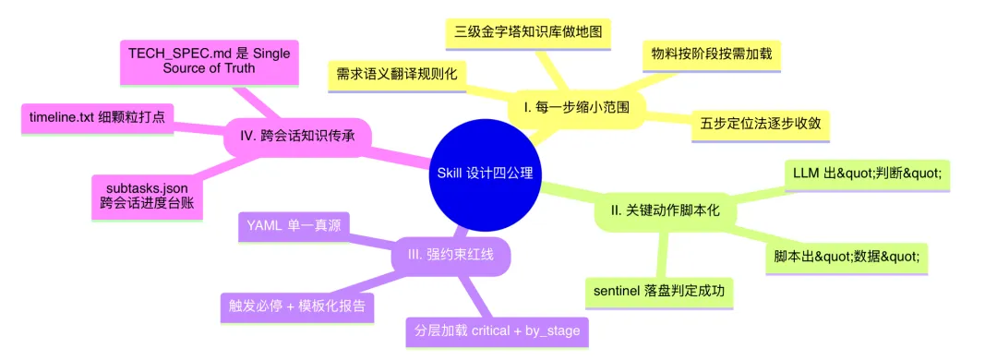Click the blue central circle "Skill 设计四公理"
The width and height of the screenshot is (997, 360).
[x=486, y=173]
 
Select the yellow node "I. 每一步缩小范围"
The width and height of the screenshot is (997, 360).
[x=576, y=108]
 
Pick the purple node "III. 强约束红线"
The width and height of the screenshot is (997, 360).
[x=450, y=255]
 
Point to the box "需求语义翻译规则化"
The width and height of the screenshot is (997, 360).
[x=397, y=75]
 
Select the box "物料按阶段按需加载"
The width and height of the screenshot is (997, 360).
[x=711, y=54]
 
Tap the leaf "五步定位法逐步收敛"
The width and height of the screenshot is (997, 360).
[x=761, y=124]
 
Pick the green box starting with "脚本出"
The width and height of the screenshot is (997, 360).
[x=847, y=257]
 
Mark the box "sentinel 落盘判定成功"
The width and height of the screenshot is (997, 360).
[x=659, y=292]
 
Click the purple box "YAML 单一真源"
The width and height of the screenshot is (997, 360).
[x=294, y=226]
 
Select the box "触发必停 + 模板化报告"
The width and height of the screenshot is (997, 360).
[x=296, y=306]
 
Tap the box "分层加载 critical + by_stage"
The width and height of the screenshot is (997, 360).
[x=497, y=331]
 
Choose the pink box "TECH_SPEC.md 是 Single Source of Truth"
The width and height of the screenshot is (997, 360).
[x=210, y=62]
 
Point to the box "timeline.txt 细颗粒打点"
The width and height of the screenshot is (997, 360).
[x=97, y=118]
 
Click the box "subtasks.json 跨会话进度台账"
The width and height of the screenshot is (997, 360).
[x=147, y=197]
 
